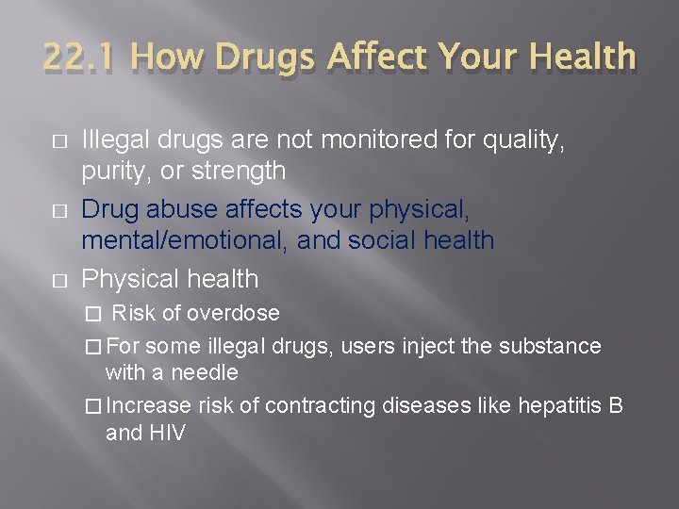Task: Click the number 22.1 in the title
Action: [x=78, y=57]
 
